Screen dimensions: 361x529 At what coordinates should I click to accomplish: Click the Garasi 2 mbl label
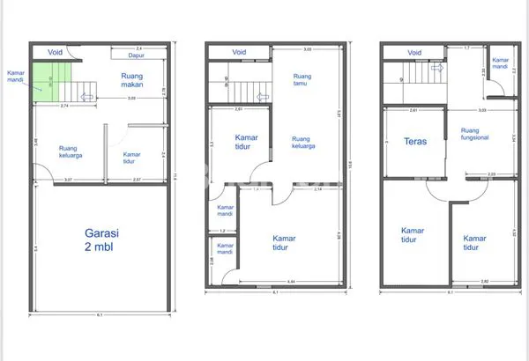coord(101,240)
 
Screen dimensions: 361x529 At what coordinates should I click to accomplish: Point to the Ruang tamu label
coord(302,81)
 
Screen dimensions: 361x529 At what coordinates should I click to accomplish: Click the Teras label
coord(415,141)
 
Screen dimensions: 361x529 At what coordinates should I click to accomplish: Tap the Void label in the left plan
coord(56,51)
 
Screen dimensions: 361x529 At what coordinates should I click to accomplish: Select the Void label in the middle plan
coord(239,52)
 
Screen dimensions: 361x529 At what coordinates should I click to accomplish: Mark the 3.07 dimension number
coord(68,180)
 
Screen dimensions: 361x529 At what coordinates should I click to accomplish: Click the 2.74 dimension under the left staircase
coord(64,107)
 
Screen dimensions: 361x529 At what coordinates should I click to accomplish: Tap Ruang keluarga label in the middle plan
coord(301,143)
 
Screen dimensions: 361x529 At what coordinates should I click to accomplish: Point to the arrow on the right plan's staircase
coord(438,67)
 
